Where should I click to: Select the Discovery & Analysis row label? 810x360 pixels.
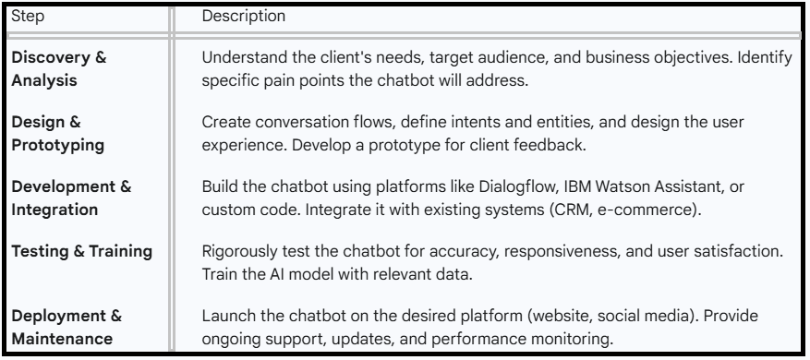click(x=58, y=68)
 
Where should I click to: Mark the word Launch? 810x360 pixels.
click(x=224, y=318)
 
